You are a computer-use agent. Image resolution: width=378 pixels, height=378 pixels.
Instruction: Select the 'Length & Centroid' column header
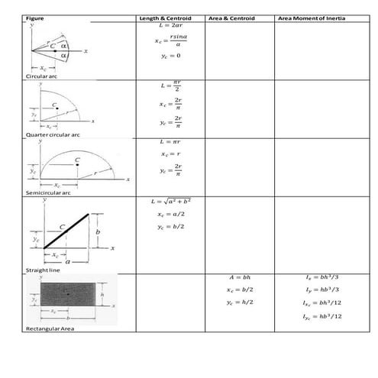coord(164,17)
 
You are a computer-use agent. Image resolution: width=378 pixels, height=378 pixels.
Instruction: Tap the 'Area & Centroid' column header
coord(233,17)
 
